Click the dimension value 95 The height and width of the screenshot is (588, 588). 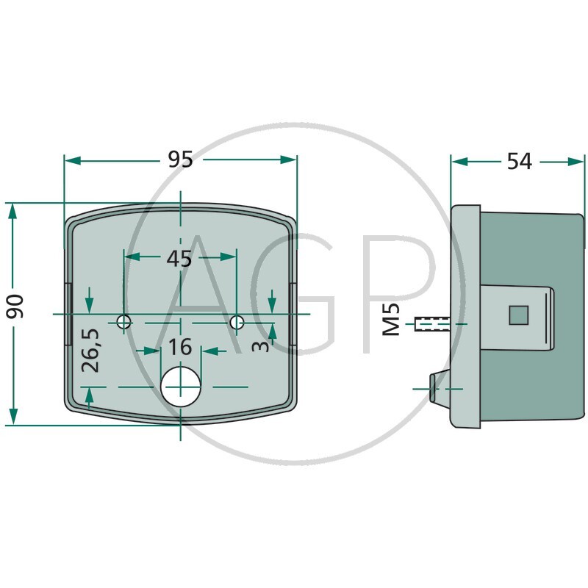180,159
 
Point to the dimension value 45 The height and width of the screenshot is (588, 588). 179,258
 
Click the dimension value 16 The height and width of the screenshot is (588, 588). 179,347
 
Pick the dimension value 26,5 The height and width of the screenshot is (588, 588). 89,351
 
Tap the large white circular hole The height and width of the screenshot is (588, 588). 181,386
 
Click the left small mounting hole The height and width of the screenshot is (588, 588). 124,322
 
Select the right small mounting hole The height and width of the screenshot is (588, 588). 237,322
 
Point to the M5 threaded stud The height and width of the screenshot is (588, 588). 431,323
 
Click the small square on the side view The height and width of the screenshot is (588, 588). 519,315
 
